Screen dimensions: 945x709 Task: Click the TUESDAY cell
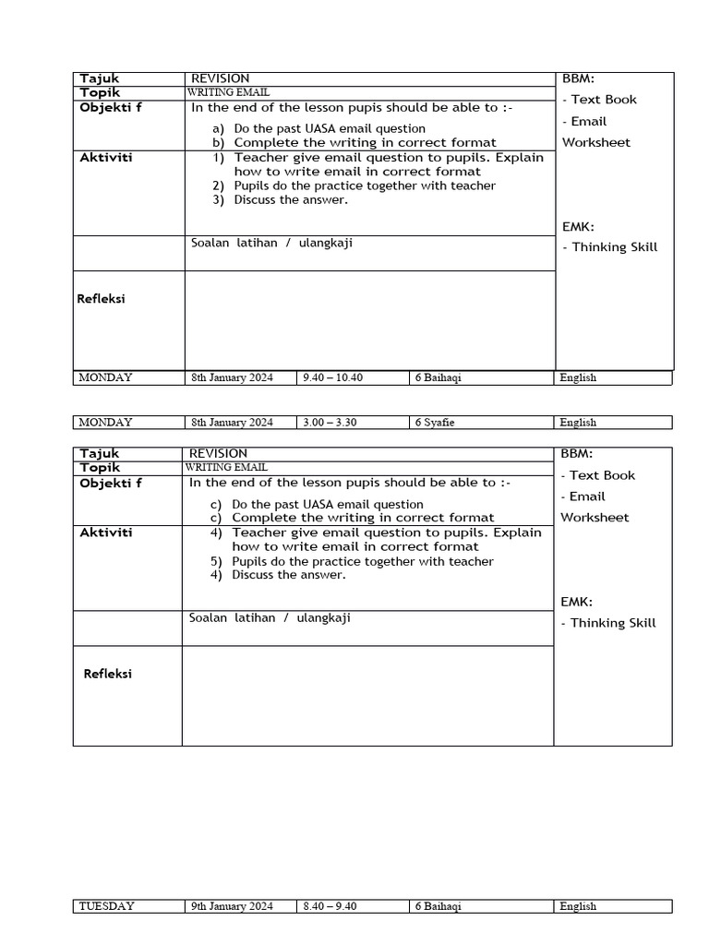(x=106, y=906)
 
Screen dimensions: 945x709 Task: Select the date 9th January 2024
(x=232, y=906)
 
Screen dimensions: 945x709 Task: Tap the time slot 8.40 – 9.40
(x=330, y=906)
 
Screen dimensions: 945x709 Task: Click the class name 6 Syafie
(x=435, y=423)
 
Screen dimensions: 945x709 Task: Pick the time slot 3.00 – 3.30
(x=330, y=423)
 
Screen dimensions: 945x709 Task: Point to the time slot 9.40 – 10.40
(x=332, y=377)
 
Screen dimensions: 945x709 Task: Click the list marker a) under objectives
(x=219, y=129)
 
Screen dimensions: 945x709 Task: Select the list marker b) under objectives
(x=219, y=143)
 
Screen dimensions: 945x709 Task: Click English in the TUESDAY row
(x=578, y=906)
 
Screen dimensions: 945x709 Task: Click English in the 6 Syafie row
(x=578, y=423)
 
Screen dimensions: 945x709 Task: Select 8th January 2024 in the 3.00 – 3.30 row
(x=232, y=423)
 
